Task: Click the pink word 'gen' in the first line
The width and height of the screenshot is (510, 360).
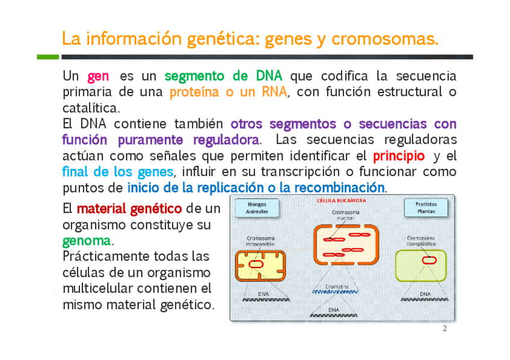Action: (x=98, y=77)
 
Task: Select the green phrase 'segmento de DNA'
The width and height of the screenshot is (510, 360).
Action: (x=223, y=77)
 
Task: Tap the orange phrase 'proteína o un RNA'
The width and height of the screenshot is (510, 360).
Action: (x=228, y=93)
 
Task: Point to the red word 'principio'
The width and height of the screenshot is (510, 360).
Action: (x=399, y=156)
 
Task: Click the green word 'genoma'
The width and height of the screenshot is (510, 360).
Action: (x=87, y=241)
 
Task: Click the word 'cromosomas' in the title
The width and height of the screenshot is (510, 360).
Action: (x=384, y=40)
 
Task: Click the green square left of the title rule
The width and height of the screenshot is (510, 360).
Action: (x=48, y=57)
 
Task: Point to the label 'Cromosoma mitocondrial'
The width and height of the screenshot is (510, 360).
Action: (x=261, y=242)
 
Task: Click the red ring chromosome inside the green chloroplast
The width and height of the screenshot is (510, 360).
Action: (x=429, y=260)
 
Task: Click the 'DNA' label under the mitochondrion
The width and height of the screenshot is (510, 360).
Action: (x=263, y=293)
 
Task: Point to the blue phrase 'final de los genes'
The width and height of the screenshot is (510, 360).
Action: (x=117, y=172)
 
